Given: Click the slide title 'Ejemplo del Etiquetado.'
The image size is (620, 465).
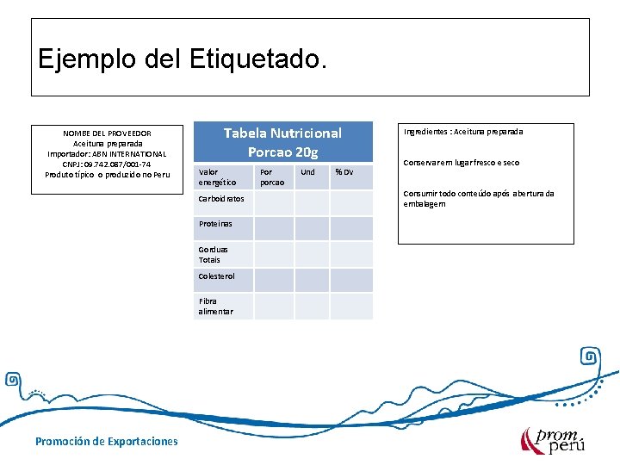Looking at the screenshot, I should [183, 59].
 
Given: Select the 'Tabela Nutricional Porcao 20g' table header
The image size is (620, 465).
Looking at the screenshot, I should [282, 142].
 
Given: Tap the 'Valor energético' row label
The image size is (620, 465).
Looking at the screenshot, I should [217, 177].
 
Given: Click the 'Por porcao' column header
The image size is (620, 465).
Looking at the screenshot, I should [272, 177].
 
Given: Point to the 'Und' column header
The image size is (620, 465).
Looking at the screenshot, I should [307, 172].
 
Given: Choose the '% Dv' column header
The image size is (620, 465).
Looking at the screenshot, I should [344, 172].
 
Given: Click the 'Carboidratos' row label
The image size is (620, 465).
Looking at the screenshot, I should [221, 199].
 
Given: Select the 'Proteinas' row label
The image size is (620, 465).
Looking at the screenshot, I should [215, 224].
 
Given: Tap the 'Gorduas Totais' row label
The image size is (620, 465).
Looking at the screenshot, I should [210, 254].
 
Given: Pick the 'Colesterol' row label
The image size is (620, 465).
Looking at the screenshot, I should [217, 276].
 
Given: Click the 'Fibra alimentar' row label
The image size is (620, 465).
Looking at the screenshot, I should [215, 307].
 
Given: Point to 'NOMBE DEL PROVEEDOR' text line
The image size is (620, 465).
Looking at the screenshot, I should [107, 133].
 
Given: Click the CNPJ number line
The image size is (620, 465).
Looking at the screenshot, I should [107, 164].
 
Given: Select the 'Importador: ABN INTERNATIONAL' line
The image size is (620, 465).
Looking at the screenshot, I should [107, 154].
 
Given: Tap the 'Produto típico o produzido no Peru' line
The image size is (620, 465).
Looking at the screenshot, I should [107, 175].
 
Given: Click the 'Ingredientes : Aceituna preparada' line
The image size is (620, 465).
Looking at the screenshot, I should [463, 132].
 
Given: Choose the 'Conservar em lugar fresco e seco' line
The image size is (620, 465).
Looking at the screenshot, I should [462, 163].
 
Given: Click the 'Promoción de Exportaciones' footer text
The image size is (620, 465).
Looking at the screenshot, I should [107, 441].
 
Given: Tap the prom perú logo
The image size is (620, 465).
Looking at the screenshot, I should [551, 440].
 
